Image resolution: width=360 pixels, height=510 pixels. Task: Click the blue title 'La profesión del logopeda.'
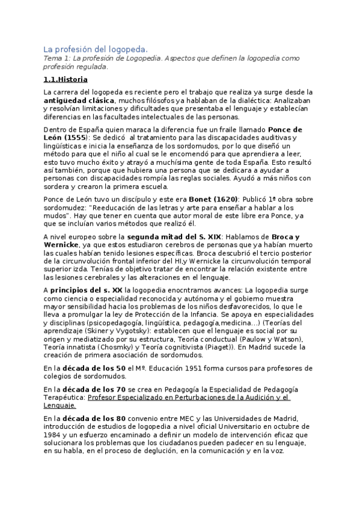click(96, 49)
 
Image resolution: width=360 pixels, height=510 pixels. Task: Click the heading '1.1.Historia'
click(66, 79)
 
